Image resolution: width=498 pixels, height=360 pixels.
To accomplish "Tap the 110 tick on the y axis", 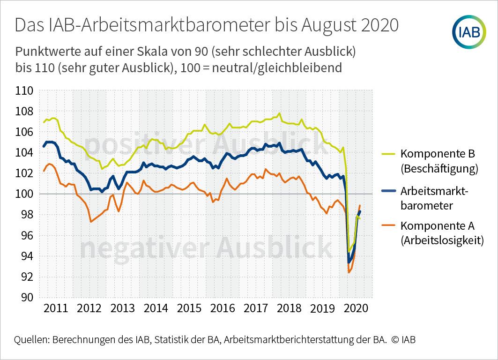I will pos(24,90).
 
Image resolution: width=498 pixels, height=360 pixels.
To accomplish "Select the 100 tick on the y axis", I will pos(24,194).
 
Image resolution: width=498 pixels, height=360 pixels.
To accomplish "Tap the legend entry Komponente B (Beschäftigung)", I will pos(439,161).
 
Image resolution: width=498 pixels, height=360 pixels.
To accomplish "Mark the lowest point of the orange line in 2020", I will pos(349,272).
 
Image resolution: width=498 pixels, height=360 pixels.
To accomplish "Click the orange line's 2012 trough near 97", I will pos(91,222).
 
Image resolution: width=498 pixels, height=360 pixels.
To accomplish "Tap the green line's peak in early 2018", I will pos(279,113).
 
